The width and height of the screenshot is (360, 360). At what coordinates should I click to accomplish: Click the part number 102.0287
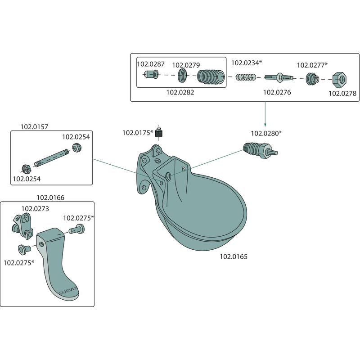point(150,64)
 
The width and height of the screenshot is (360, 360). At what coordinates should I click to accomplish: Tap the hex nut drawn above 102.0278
point(341,81)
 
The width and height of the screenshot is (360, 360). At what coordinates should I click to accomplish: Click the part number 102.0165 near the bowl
point(234,257)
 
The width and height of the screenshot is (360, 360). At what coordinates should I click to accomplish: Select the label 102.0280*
point(266,133)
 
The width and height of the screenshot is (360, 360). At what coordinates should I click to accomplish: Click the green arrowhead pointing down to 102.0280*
point(265,124)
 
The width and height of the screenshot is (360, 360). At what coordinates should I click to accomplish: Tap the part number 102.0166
point(50,197)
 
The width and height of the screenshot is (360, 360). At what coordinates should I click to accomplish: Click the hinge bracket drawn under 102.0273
point(22,225)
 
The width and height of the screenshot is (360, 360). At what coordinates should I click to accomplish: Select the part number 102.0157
point(34,126)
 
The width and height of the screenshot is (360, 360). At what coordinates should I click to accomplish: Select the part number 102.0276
point(277,92)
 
